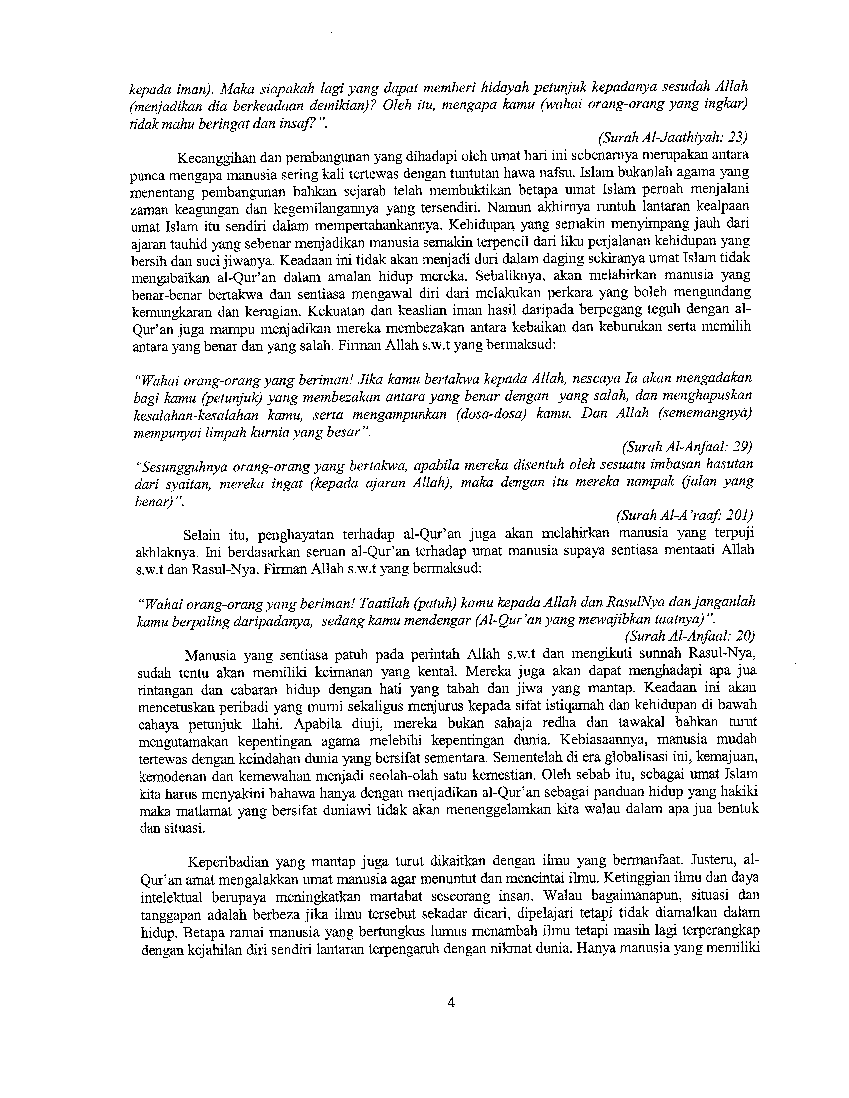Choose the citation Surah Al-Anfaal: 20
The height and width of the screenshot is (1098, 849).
[690, 636]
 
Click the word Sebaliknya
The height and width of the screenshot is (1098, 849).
[513, 276]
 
